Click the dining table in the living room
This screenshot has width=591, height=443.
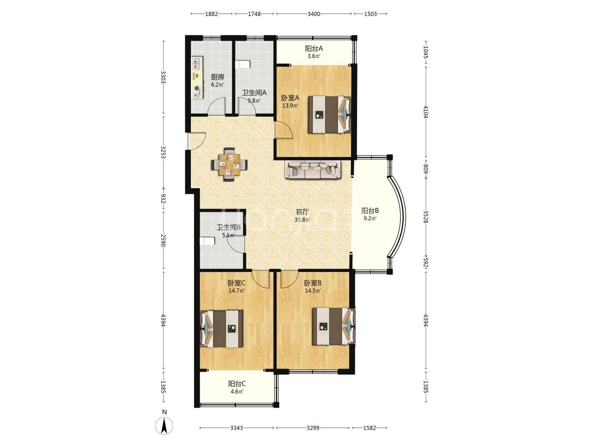pyautogui.click(x=229, y=164)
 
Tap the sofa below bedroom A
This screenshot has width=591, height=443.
pyautogui.click(x=313, y=169)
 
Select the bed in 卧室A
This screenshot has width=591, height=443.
pyautogui.click(x=330, y=114)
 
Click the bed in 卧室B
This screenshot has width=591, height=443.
pyautogui.click(x=334, y=326)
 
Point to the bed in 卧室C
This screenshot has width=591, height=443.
pyautogui.click(x=221, y=329)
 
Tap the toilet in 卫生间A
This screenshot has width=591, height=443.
pyautogui.click(x=243, y=64)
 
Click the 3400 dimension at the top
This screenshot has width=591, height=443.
pyautogui.click(x=314, y=14)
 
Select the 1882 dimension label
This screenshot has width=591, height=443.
pyautogui.click(x=211, y=14)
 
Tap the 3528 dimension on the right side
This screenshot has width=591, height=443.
pyautogui.click(x=426, y=217)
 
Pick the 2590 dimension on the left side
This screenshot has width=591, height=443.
pyautogui.click(x=163, y=240)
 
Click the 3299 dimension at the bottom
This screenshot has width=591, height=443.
pyautogui.click(x=313, y=428)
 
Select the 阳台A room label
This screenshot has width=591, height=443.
pyautogui.click(x=314, y=49)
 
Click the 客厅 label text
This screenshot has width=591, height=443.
pyautogui.click(x=302, y=212)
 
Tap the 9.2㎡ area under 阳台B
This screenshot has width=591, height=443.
pyautogui.click(x=370, y=218)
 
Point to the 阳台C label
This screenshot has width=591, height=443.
pyautogui.click(x=237, y=384)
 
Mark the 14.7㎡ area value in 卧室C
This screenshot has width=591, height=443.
pyautogui.click(x=236, y=290)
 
